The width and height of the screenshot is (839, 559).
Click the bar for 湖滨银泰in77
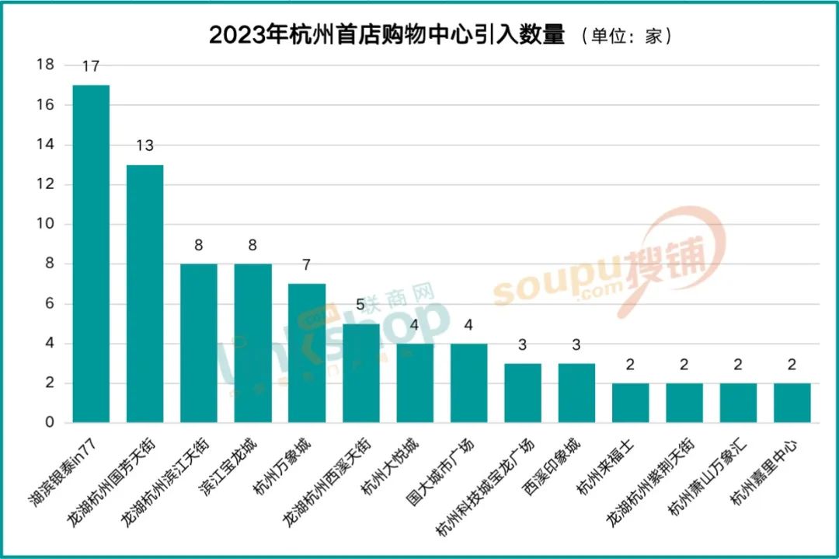(x=91, y=253)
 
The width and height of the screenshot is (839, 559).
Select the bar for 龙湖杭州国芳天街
(x=144, y=293)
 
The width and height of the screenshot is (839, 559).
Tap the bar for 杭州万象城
(x=306, y=353)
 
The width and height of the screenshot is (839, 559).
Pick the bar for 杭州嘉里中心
(x=792, y=403)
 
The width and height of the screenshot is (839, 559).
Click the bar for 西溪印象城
(x=576, y=393)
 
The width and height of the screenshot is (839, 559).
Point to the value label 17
(x=91, y=67)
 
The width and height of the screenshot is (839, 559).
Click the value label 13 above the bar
(x=144, y=145)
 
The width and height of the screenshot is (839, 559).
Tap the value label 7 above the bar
(x=306, y=265)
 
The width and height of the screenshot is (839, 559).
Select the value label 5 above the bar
(x=360, y=305)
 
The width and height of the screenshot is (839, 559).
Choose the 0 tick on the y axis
(x=50, y=422)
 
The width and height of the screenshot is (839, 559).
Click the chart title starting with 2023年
(x=387, y=36)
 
